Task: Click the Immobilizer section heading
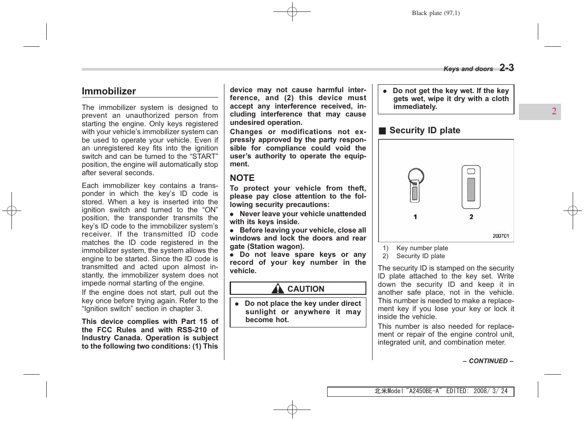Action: click(x=109, y=91)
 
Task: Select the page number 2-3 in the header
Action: click(x=507, y=68)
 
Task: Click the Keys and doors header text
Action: click(x=468, y=69)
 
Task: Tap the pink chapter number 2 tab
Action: click(x=554, y=111)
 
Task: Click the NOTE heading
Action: click(x=242, y=178)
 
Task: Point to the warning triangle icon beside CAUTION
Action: click(x=278, y=289)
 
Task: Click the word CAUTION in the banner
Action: click(x=306, y=289)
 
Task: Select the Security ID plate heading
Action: click(x=425, y=130)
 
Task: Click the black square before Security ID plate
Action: click(x=382, y=131)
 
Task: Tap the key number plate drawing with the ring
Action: click(x=415, y=185)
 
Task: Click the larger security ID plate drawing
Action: click(x=471, y=187)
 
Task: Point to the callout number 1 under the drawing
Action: click(x=415, y=217)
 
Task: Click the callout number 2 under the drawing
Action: click(x=471, y=217)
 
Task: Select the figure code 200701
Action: click(x=501, y=236)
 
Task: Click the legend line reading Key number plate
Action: click(x=422, y=248)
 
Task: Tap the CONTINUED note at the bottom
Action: click(x=488, y=361)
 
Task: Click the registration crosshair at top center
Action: click(x=292, y=12)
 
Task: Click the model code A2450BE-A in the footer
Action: click(x=424, y=391)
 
